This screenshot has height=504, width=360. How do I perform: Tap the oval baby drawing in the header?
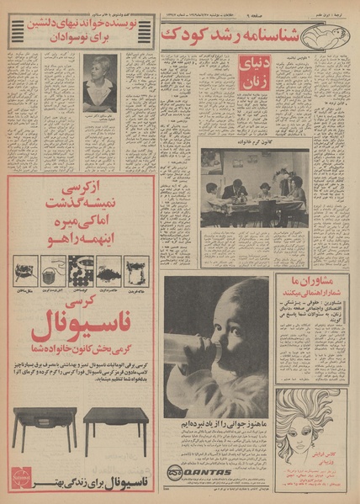(341, 34)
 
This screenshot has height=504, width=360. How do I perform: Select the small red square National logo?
(19, 478)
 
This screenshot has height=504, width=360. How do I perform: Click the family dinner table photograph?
(254, 187)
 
